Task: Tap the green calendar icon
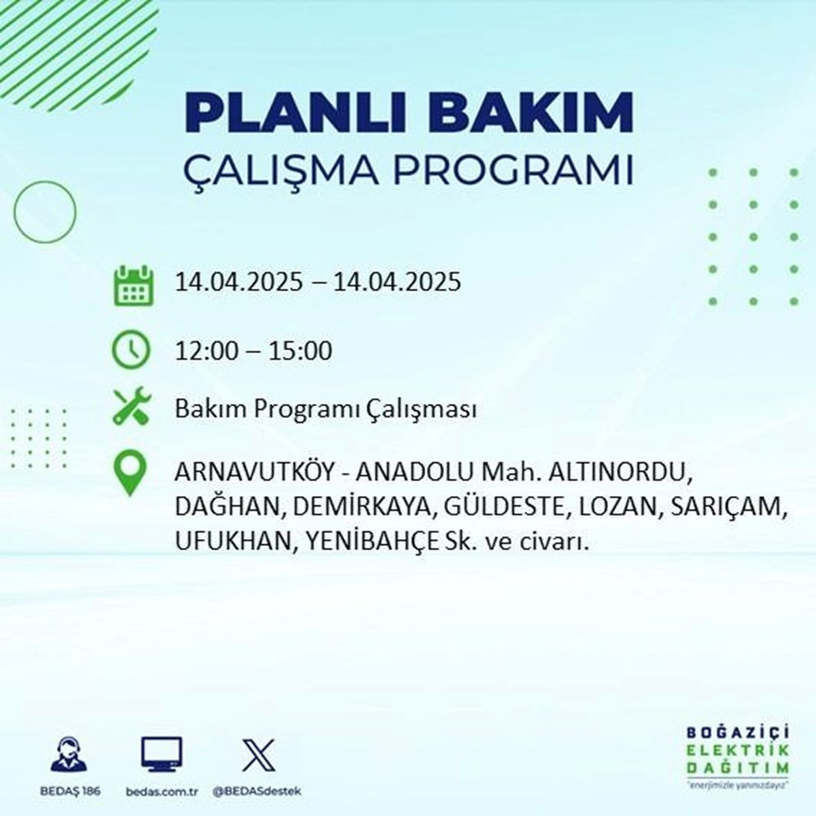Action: (131, 285)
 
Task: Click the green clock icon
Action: (131, 352)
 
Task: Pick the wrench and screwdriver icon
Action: (131, 406)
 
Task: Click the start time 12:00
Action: (207, 352)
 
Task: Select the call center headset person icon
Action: (69, 755)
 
